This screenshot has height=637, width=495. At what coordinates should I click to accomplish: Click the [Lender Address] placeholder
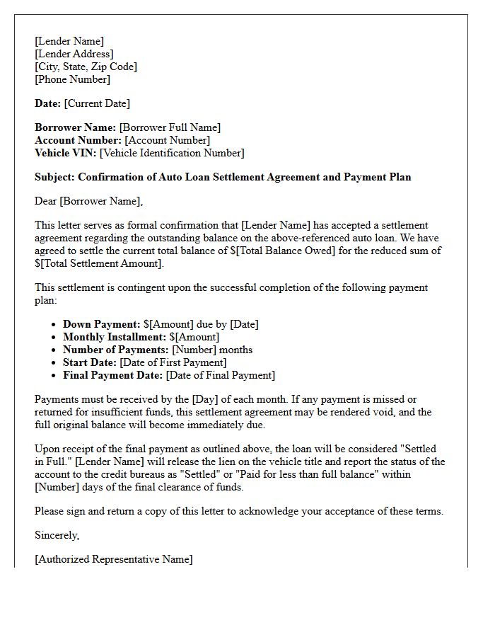coord(74,54)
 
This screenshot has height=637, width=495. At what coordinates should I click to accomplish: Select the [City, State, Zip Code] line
coord(86,67)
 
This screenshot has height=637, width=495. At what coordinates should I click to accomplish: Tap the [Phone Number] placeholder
coord(72,79)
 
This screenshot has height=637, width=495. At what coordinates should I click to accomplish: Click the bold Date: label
coord(47,103)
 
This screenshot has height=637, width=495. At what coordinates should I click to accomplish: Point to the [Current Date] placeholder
coord(97,103)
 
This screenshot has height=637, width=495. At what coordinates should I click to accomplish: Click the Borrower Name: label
coord(76,127)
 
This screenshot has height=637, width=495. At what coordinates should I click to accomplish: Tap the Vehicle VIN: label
coord(66,153)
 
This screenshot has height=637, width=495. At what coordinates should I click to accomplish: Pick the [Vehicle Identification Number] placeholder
coord(172,153)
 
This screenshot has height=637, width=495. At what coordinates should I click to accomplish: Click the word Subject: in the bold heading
coord(55,177)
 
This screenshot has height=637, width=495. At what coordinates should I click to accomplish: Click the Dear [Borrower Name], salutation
coord(88,201)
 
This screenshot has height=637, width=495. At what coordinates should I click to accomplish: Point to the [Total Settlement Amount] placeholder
coord(101,263)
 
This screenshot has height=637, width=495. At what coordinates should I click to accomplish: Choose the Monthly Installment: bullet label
coord(114,337)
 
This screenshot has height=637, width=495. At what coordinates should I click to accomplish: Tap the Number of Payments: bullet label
coord(115,350)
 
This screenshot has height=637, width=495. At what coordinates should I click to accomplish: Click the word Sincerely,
coord(57,535)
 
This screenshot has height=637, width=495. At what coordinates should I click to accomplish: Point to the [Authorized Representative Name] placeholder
coord(113,559)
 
